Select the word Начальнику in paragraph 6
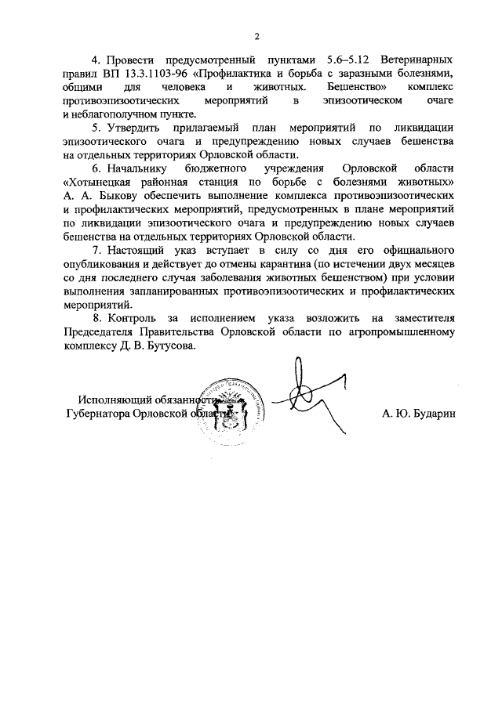pyautogui.click(x=136, y=168)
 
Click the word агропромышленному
pyautogui.click(x=402, y=333)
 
